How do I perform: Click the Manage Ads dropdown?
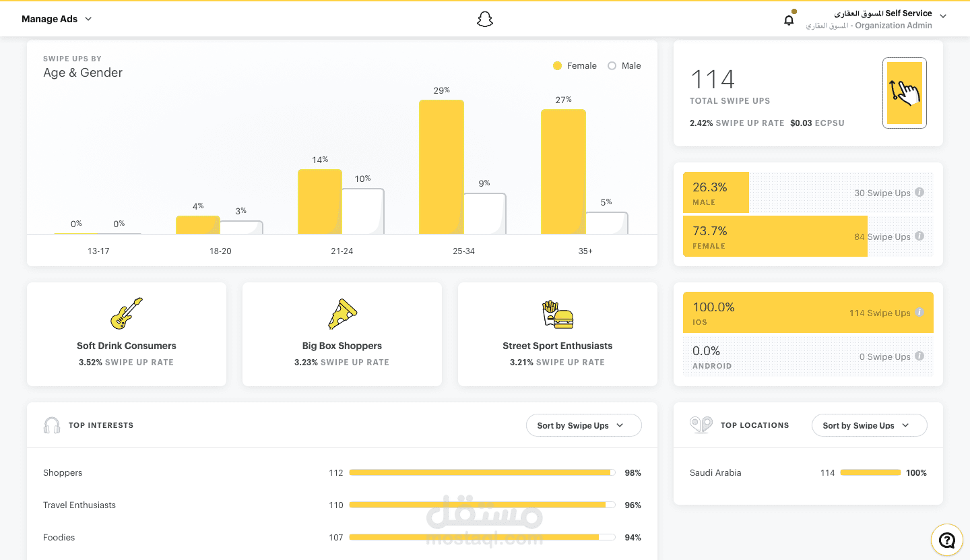[57, 19]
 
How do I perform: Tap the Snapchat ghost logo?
[485, 20]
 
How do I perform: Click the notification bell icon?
[789, 20]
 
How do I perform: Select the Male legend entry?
[624, 66]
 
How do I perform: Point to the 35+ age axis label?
[585, 251]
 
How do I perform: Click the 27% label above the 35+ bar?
[564, 100]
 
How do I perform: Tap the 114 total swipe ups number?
[713, 80]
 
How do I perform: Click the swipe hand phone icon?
[904, 93]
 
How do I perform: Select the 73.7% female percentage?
[710, 231]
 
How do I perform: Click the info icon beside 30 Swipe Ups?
[919, 193]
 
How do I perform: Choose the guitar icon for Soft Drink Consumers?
[127, 313]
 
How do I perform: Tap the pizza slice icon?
[342, 314]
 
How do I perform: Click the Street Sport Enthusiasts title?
[557, 346]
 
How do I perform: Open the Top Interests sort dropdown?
[583, 426]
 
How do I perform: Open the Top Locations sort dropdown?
[869, 426]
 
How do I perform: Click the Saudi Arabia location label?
[715, 473]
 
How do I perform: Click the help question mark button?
[947, 540]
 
